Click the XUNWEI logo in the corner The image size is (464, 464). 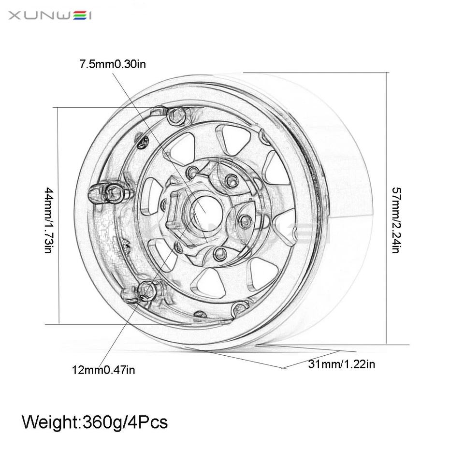[x=50, y=15]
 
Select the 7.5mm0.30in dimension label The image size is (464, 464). [x=113, y=64]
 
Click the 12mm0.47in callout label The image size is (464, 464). [x=103, y=370]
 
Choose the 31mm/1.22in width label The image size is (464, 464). [x=341, y=364]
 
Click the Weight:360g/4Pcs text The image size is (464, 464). [x=95, y=422]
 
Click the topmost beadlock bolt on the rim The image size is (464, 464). [x=176, y=115]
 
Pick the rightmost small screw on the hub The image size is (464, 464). [x=244, y=220]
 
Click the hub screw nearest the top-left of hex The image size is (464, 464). [x=193, y=172]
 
